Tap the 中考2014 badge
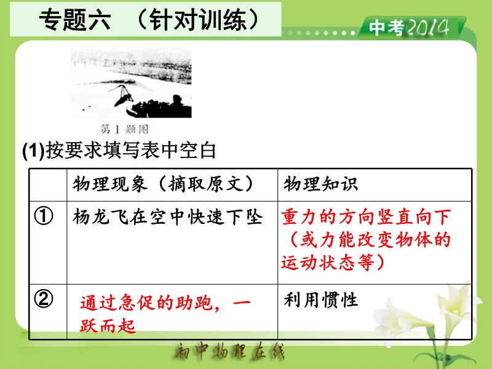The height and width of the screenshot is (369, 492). (411, 28)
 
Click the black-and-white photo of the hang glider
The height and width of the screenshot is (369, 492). (131, 83)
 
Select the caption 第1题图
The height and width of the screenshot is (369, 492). (125, 129)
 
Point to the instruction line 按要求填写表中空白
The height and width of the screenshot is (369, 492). (131, 150)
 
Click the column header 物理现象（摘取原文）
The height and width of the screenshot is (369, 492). (163, 184)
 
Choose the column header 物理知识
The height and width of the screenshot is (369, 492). (320, 184)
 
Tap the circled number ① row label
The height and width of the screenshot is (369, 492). (44, 216)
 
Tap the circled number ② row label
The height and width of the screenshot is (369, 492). (44, 299)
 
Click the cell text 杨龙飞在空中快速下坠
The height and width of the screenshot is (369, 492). (167, 217)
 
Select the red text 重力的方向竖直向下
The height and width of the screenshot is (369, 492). (366, 217)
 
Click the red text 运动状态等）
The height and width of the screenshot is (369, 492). (333, 263)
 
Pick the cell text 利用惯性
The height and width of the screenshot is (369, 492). (320, 300)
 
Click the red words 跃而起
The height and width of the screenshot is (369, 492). (108, 325)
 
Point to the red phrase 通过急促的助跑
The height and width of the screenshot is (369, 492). (146, 303)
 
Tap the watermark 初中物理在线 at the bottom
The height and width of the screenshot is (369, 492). (229, 351)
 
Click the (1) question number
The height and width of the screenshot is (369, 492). (33, 151)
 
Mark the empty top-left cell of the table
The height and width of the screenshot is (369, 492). (48, 185)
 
